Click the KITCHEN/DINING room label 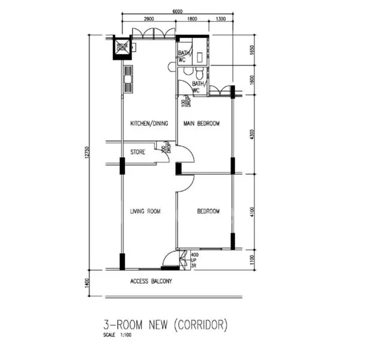[149, 124]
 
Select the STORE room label [137, 152]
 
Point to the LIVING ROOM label [146, 211]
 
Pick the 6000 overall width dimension [177, 11]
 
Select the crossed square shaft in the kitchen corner [122, 47]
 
